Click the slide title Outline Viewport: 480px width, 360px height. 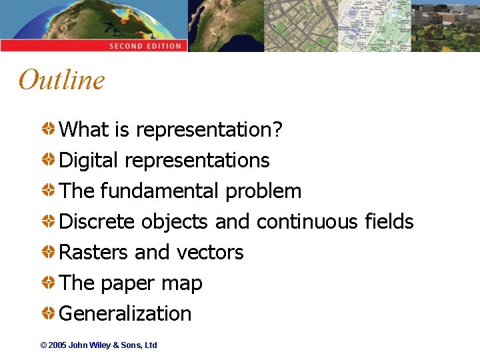62,80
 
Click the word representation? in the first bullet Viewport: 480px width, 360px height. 209,130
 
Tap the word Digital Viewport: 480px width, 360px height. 89,161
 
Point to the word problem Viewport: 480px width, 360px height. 263,192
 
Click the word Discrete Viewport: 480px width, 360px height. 97,221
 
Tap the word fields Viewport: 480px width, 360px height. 389,221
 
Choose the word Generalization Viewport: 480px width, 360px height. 125,314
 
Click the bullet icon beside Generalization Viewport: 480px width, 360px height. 49,313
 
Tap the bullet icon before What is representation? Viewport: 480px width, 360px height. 49,129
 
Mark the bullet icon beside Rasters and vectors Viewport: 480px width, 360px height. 49,252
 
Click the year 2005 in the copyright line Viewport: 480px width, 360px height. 58,345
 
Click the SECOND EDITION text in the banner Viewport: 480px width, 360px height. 145,46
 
